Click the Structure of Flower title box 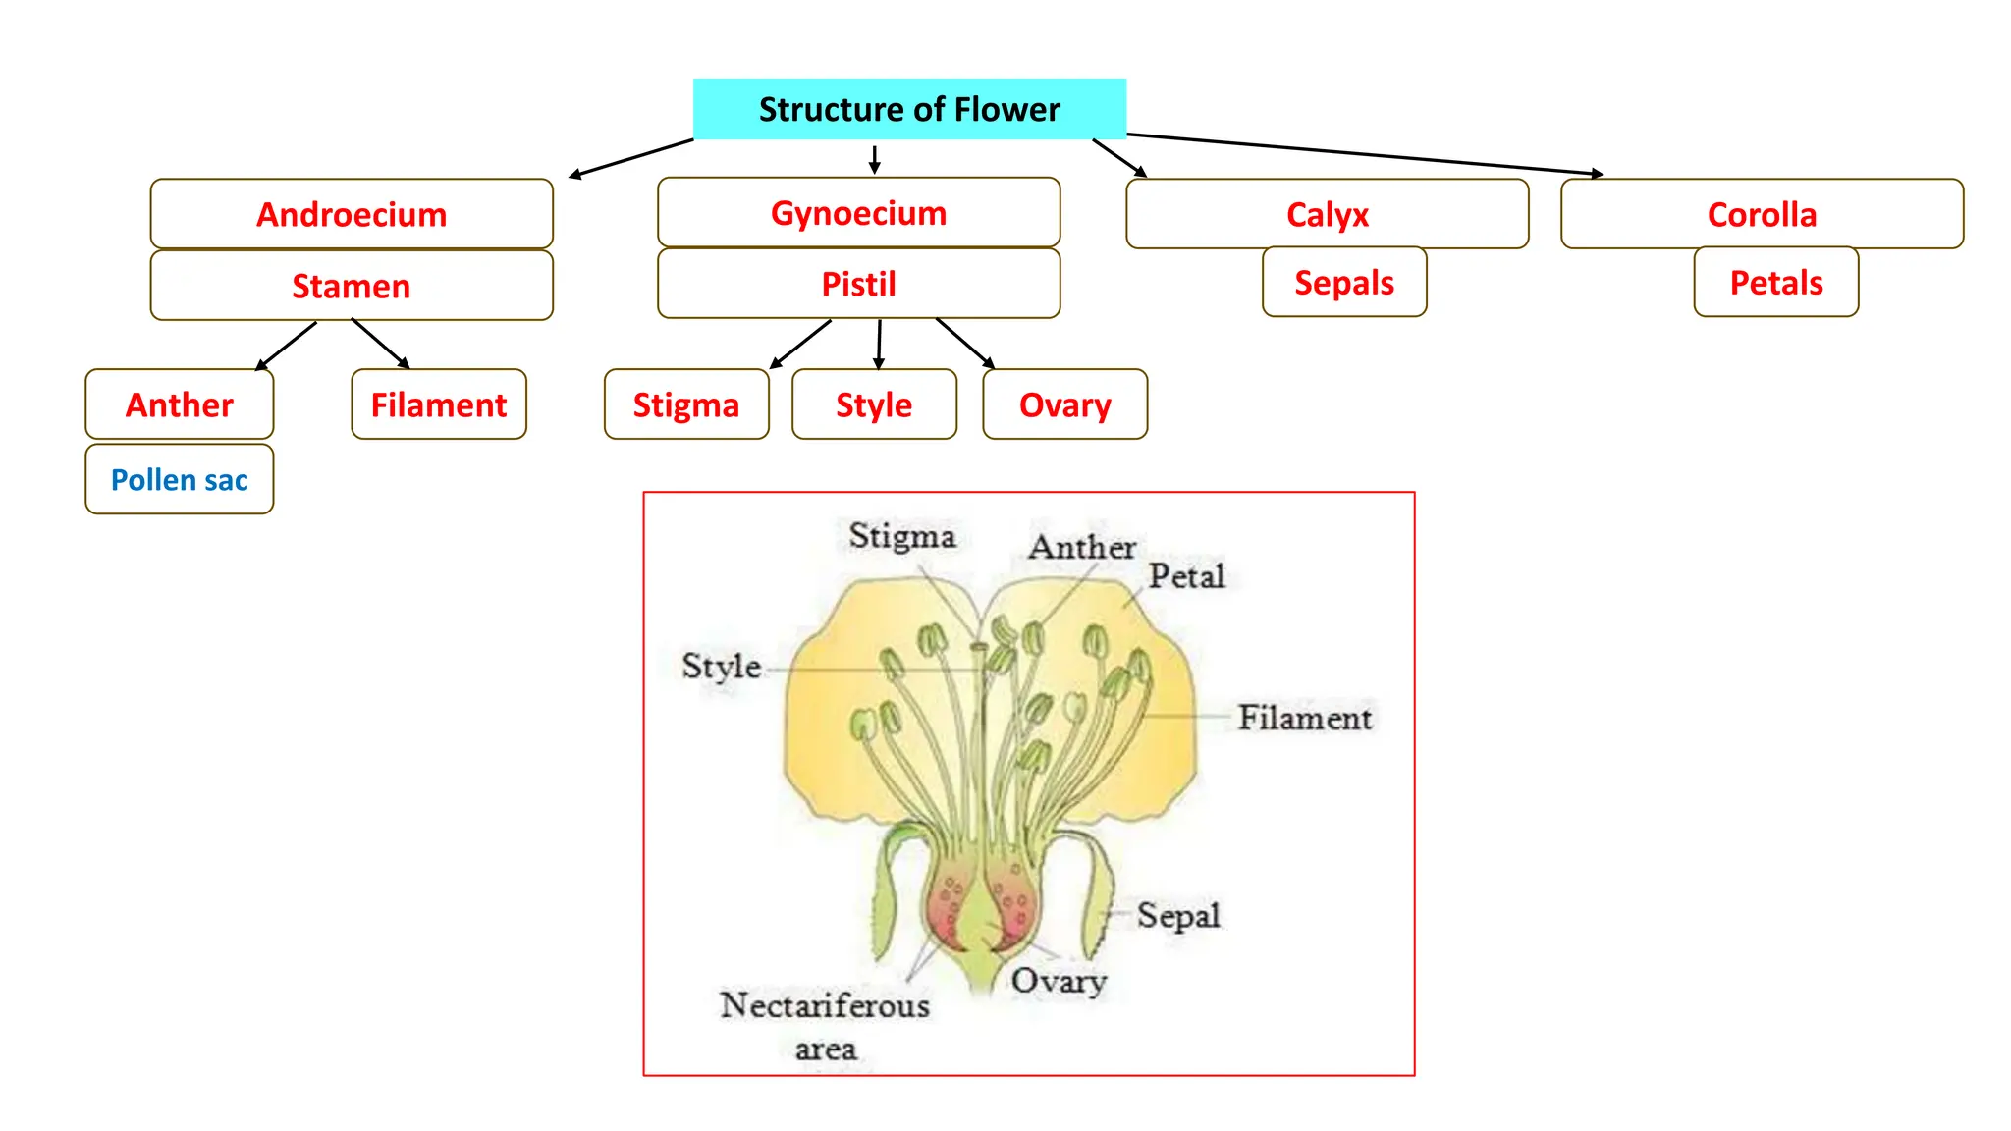point(909,109)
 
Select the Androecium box point(352,214)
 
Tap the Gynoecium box point(858,213)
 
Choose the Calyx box point(1327,214)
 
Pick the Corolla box point(1762,214)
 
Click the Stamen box point(352,286)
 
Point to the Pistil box point(858,284)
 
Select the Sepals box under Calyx point(1343,283)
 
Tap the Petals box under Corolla point(1775,283)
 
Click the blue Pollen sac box point(180,480)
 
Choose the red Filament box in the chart point(438,404)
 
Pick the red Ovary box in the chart point(1064,404)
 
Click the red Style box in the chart point(874,404)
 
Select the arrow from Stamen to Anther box point(287,346)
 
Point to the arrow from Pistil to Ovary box point(964,343)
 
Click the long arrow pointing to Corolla point(1365,154)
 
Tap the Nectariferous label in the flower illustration point(825,1005)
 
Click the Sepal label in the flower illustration point(1178,915)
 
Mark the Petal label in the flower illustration point(1186,575)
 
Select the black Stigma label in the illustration point(901,536)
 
